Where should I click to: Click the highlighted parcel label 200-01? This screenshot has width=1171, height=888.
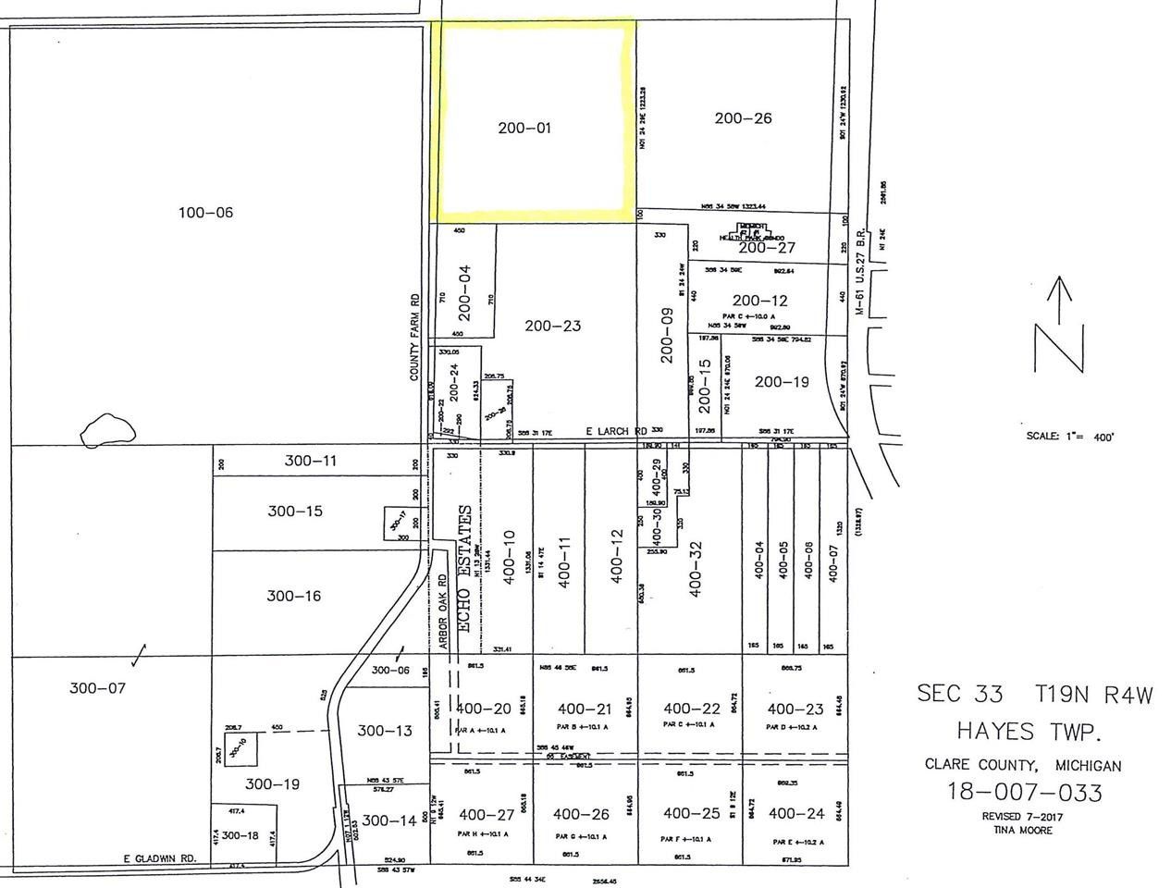click(524, 128)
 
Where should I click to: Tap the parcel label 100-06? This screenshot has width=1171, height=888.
click(205, 213)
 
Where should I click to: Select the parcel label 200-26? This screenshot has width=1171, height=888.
click(743, 118)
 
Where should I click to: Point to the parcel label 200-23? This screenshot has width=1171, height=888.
click(552, 326)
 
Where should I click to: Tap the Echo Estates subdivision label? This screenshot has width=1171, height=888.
click(465, 568)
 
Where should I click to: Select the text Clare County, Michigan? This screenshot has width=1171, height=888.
click(1023, 765)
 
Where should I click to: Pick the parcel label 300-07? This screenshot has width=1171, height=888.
click(96, 687)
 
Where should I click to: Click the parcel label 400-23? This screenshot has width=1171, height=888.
click(795, 709)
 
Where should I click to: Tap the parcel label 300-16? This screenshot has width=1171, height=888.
click(294, 596)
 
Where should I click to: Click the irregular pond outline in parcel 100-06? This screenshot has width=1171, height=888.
click(108, 428)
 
